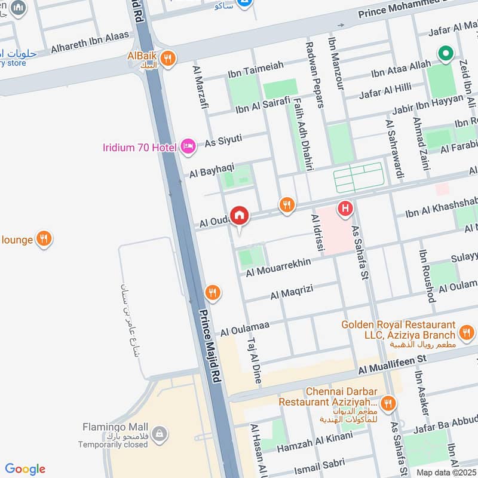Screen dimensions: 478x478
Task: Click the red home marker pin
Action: [240, 215]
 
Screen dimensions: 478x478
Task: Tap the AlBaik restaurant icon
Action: [168, 58]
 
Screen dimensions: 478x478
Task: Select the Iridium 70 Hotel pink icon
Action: [188, 145]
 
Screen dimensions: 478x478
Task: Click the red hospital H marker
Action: [345, 209]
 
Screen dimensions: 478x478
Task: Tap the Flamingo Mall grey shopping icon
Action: [159, 433]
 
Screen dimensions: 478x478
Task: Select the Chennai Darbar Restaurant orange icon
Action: [389, 404]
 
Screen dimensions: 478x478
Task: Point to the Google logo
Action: [25, 469]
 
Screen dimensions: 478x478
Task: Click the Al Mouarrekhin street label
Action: [278, 267]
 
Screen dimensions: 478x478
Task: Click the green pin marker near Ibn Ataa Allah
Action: [445, 54]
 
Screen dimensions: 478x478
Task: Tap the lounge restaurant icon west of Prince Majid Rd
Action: [44, 240]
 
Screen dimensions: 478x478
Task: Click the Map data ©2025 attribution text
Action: [446, 472]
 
